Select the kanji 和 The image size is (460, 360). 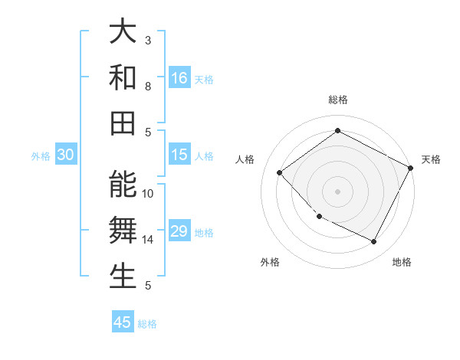(123, 77)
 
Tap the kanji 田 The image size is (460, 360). (123, 123)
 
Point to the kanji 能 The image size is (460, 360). (123, 185)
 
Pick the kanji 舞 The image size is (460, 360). (123, 231)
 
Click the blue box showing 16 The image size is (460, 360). (179, 78)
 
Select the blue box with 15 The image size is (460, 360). (179, 155)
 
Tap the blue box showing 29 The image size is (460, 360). (179, 231)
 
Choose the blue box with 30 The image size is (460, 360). (66, 155)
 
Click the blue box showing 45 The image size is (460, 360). (123, 322)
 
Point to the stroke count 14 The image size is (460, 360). (148, 240)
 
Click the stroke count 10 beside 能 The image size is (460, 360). (148, 194)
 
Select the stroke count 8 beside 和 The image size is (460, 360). (148, 87)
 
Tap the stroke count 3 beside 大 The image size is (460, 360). (148, 40)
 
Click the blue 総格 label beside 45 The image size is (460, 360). (147, 324)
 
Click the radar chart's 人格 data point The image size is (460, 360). (280, 172)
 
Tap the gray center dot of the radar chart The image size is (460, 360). (337, 191)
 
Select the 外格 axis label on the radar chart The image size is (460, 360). (270, 262)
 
